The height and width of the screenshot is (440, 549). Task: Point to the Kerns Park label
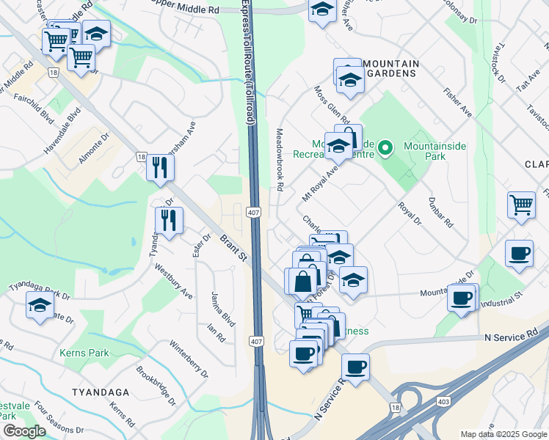85,353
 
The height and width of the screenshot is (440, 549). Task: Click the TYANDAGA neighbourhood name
101,392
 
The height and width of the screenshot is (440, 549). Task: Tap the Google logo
24,431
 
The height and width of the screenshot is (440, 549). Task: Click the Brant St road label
233,246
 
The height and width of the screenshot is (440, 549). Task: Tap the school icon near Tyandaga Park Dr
40,307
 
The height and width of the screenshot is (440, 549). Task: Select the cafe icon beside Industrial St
462,298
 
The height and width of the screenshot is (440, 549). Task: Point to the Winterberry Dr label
189,359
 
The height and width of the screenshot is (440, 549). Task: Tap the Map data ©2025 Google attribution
503,434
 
